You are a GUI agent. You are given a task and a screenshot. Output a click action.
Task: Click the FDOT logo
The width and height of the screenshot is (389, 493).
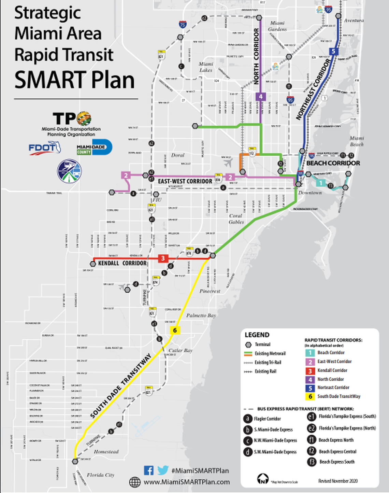point(45,148)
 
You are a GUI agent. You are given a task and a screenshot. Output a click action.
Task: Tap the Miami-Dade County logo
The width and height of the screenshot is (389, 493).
point(94,147)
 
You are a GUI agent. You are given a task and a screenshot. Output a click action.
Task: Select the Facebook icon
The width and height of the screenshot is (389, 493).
point(148,470)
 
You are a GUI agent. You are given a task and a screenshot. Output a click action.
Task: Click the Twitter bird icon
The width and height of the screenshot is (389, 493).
point(163,470)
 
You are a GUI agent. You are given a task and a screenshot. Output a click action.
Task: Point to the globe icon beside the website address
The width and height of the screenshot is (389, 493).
point(135,482)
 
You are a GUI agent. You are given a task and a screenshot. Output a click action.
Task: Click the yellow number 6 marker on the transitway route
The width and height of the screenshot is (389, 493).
point(175,330)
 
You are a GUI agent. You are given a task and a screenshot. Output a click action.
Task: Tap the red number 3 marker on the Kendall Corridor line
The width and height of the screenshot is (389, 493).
point(163,258)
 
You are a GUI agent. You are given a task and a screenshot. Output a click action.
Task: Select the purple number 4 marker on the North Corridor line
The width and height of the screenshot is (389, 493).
point(261,97)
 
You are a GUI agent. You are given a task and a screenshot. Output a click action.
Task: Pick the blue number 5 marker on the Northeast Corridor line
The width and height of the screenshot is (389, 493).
point(333,52)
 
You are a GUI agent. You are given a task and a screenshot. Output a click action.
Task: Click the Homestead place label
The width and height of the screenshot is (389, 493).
point(106,451)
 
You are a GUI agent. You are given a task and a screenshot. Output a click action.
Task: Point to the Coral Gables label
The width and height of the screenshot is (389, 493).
point(236,219)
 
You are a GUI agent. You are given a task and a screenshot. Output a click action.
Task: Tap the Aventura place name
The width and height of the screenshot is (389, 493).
point(354,20)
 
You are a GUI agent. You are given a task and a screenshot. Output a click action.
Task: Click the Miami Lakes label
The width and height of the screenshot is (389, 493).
point(206,67)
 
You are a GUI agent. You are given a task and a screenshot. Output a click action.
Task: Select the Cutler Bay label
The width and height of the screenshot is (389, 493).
point(181,350)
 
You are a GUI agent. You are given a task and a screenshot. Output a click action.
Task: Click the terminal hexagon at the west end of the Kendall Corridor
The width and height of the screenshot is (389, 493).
point(93,264)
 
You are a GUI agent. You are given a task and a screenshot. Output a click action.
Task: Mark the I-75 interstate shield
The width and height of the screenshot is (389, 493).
point(183,24)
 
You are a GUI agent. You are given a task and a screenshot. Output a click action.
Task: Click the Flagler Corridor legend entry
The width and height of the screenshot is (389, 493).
point(267,419)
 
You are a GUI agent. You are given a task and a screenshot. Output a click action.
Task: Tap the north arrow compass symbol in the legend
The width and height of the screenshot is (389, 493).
point(262,479)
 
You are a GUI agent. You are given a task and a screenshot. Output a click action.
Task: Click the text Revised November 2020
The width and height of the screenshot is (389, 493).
point(338,481)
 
